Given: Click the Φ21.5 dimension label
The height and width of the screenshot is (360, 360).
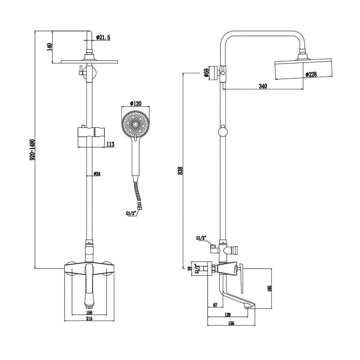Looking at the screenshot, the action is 103,37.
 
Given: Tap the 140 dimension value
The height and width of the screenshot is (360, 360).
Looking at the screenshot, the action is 50,47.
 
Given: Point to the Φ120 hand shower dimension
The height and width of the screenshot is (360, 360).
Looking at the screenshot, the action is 135,103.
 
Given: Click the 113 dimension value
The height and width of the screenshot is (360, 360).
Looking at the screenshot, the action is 110,144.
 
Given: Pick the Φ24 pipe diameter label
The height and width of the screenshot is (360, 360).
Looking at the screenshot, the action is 97,174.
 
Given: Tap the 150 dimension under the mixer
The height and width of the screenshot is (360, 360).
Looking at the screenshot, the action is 89,312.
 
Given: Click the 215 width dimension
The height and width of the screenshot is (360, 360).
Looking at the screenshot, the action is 89,319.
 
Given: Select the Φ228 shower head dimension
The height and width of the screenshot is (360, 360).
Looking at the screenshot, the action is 311,74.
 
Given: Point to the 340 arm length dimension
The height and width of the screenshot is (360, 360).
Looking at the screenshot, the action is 263,86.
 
